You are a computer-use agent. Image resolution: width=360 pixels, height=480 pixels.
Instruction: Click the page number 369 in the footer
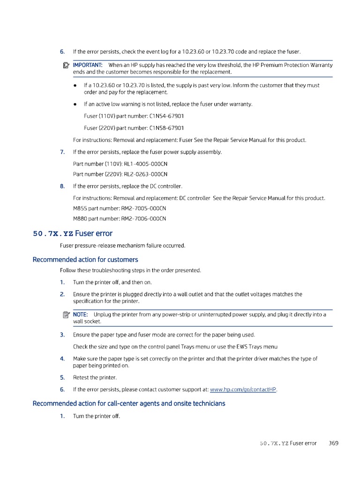click(334, 443)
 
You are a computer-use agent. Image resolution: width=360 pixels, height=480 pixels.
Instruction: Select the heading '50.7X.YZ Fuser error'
click(73, 233)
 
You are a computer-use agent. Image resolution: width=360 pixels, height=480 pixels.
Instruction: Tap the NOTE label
click(80, 315)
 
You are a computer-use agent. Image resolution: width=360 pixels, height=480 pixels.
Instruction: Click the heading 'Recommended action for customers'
click(85, 259)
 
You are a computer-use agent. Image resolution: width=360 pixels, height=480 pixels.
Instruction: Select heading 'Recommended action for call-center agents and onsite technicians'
click(129, 403)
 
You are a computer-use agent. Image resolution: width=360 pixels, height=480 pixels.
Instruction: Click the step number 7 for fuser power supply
click(62, 152)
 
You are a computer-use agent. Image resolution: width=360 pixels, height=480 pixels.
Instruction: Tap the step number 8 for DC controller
click(62, 186)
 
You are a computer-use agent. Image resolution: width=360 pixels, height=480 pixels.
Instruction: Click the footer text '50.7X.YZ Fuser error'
click(288, 443)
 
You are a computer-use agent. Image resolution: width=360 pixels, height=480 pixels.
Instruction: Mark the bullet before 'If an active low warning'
click(76, 104)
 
